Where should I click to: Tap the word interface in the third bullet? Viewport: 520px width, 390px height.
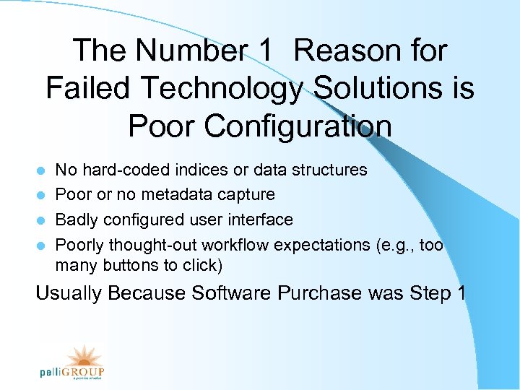(x=263, y=220)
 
